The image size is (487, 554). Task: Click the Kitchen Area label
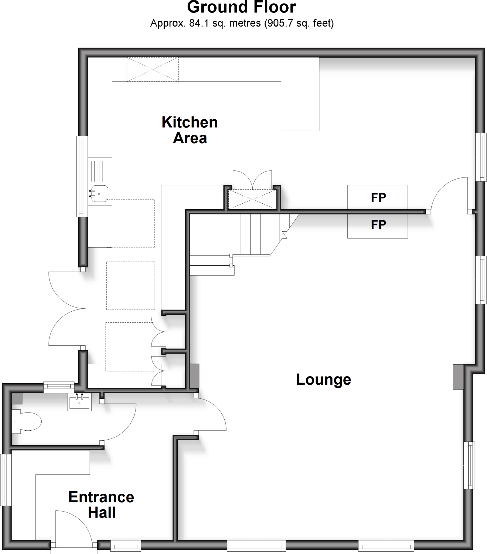tap(190, 130)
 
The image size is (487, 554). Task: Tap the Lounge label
tap(324, 380)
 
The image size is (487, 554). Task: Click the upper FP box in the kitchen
tap(377, 197)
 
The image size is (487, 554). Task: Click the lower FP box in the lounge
tap(377, 225)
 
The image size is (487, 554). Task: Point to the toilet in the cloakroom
tap(27, 421)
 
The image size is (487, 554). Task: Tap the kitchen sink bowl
tap(100, 193)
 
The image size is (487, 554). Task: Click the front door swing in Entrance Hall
tap(73, 529)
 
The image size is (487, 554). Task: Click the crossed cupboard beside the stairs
tap(252, 199)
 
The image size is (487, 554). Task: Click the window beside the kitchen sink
tap(82, 176)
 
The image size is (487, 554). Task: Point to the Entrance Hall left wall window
tap(6, 480)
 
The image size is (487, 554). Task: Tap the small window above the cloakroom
tap(59, 387)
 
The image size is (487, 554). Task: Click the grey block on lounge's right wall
tap(458, 377)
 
